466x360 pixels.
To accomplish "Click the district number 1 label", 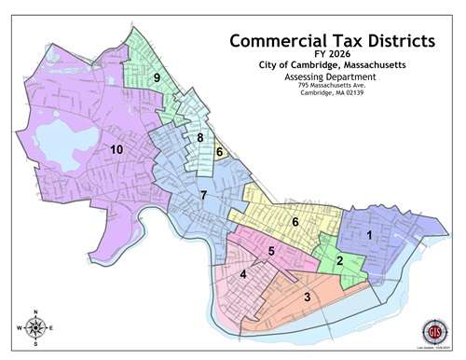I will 369,235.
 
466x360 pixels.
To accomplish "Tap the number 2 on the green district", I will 340,260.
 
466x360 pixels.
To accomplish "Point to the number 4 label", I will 243,274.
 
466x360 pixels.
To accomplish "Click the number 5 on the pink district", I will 271,251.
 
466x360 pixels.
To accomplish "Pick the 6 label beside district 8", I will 219,152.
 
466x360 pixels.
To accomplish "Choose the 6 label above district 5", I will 295,222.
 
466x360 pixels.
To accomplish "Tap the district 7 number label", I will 203,194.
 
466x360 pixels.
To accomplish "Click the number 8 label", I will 199,138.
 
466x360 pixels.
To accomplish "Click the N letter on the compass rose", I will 35,312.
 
